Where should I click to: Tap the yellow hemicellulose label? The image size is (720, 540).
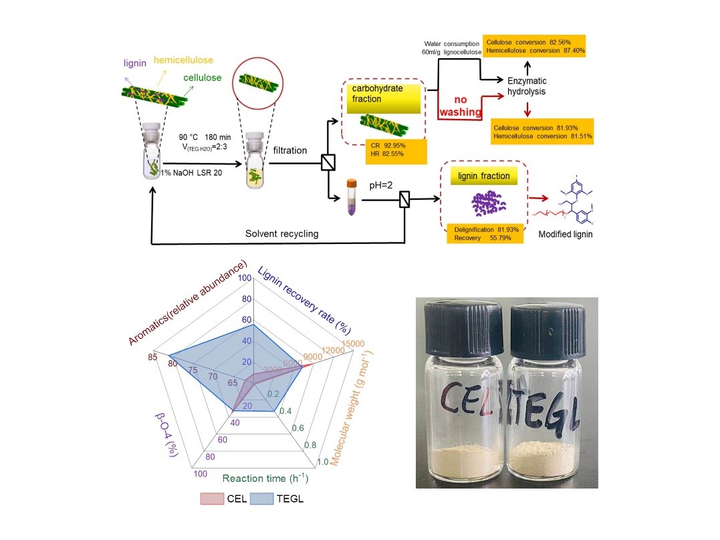tap(182, 60)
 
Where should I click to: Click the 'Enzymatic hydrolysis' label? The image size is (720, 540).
tap(527, 86)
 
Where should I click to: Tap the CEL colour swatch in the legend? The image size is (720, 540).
tap(213, 499)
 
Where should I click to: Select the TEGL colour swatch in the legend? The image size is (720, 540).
tap(263, 499)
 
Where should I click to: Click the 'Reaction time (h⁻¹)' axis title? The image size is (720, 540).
tap(265, 479)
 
